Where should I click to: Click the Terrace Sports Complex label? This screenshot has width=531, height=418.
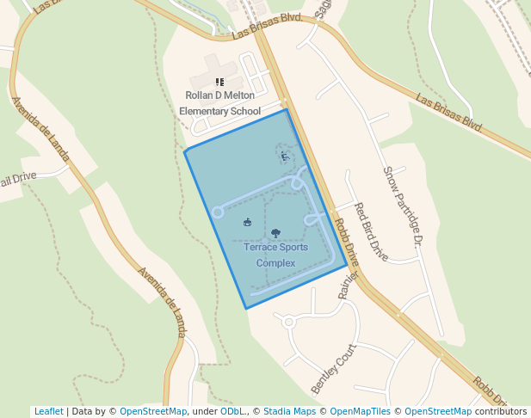click(275, 255)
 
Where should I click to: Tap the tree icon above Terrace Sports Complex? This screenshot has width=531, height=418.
click(275, 232)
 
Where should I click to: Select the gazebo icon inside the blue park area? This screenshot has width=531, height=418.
click(248, 223)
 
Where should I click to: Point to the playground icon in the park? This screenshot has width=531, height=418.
click(284, 157)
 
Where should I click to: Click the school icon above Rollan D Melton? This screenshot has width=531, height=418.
click(219, 82)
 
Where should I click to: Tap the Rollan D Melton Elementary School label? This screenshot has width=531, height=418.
click(219, 103)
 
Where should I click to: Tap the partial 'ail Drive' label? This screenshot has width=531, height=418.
click(17, 179)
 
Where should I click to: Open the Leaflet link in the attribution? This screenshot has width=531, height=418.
click(48, 412)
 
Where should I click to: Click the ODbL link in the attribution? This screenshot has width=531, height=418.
click(232, 412)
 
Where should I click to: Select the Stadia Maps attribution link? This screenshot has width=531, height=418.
click(289, 412)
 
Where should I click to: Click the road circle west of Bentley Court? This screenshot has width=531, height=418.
click(289, 323)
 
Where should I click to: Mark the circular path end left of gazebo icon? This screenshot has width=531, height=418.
click(218, 212)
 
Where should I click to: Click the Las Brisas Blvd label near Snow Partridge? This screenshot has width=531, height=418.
click(448, 113)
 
